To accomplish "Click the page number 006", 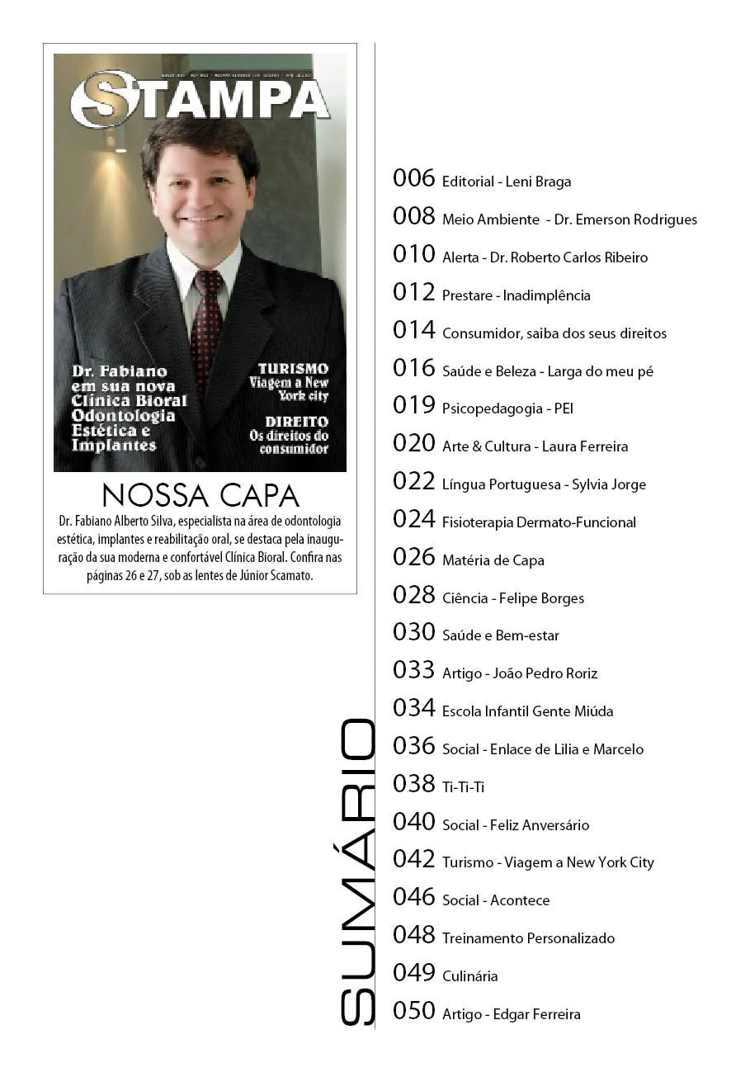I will click(x=413, y=178).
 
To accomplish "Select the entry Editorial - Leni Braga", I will click(x=507, y=182).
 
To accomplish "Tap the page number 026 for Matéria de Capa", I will click(x=413, y=557).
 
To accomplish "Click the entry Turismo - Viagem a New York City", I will click(x=548, y=862).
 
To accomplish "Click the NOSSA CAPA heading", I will click(x=200, y=495).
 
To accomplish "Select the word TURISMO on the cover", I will click(x=293, y=369).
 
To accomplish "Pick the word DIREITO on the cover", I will click(x=296, y=422).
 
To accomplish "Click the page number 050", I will click(x=413, y=1011).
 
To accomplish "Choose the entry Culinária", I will click(x=469, y=976).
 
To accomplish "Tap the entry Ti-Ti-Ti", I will click(x=463, y=787).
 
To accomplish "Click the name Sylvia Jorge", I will click(x=609, y=484).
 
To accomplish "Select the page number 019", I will click(x=413, y=405).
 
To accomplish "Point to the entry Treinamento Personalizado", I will click(x=528, y=938).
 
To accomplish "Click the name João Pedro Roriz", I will click(x=545, y=673).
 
